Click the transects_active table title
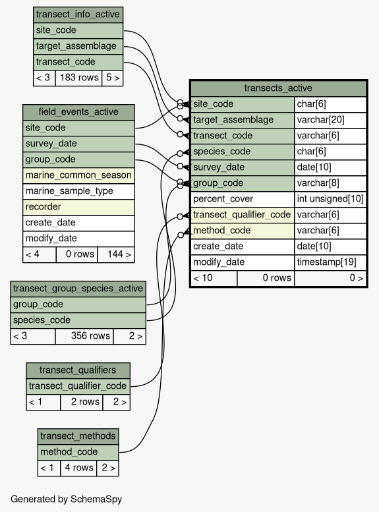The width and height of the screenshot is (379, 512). [278, 88]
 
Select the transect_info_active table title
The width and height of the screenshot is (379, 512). [78, 14]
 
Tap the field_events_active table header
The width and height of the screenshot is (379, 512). [78, 112]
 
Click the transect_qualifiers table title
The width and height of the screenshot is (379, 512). [78, 370]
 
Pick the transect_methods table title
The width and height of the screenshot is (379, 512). [78, 436]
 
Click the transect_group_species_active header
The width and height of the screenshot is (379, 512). [78, 289]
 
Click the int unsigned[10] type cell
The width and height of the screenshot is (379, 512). [330, 199]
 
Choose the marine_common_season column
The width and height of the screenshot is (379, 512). [78, 175]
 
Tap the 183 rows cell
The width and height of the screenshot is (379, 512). [78, 78]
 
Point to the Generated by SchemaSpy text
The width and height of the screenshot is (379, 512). [67, 499]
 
